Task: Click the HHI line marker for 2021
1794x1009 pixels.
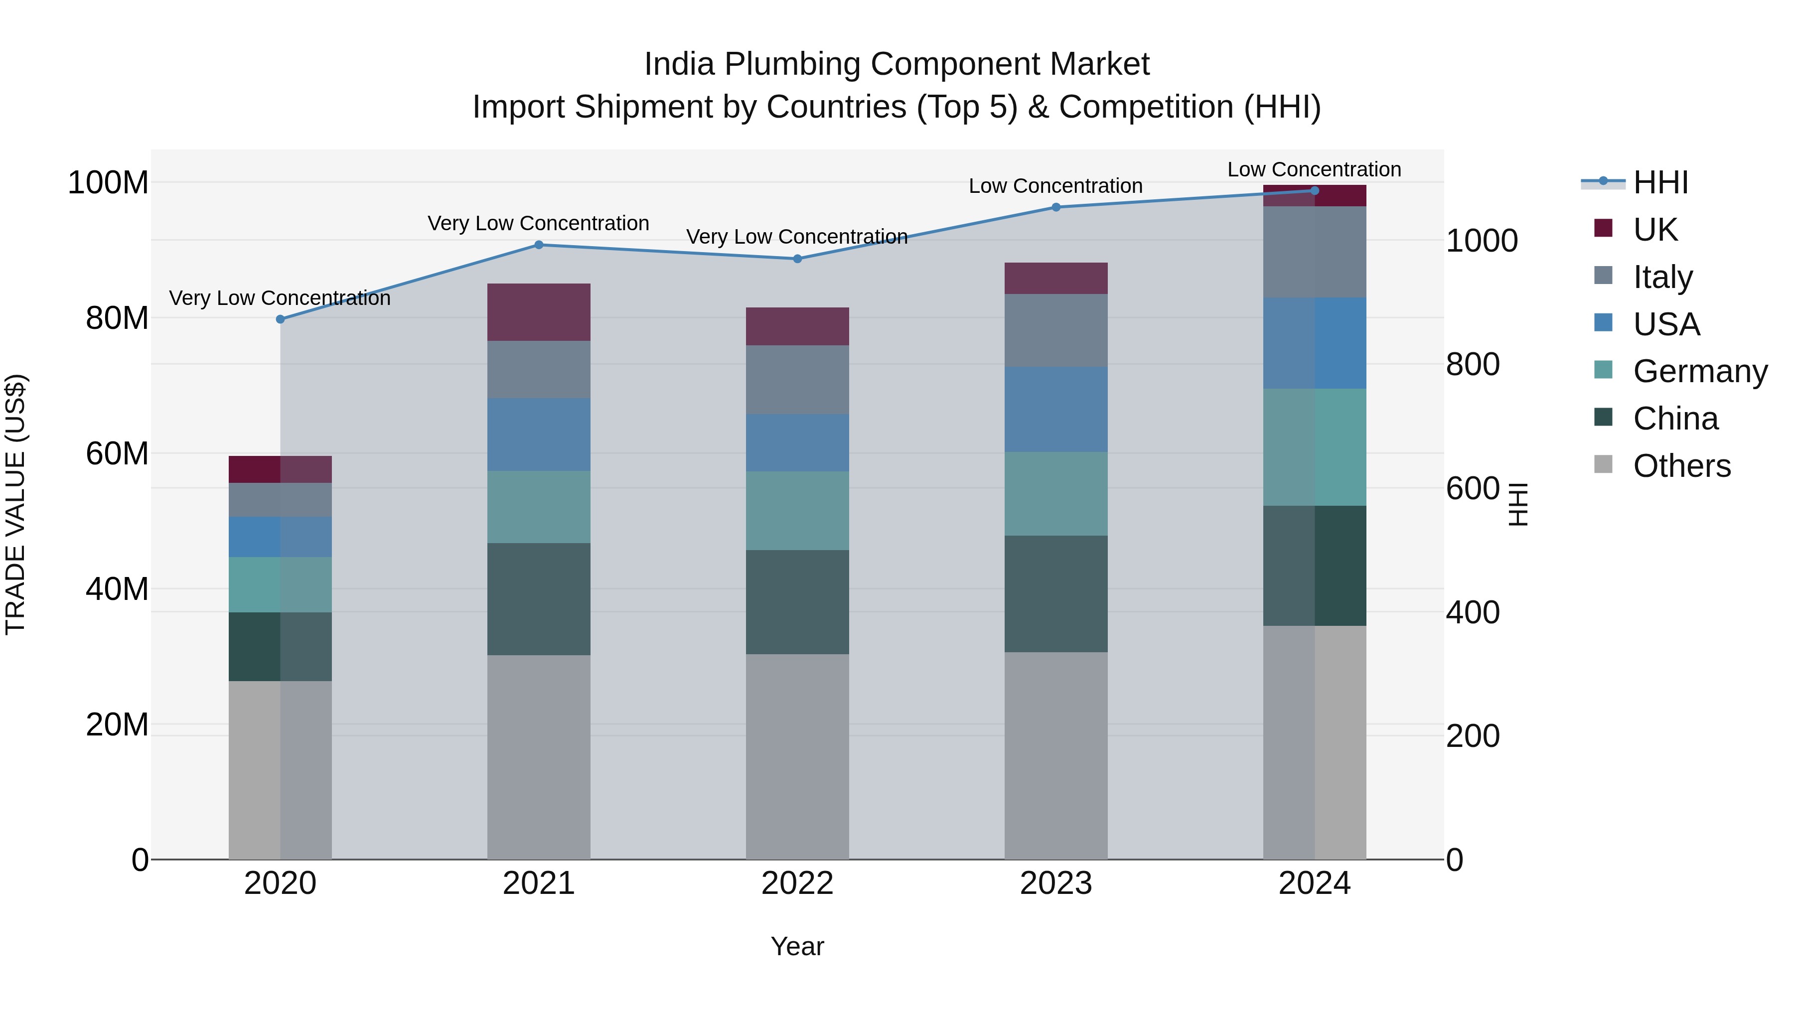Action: coord(538,245)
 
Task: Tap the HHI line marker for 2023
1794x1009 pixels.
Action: coord(1056,207)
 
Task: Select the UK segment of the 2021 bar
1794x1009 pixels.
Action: coord(538,312)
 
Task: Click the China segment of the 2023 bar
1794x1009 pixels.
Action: coord(1056,593)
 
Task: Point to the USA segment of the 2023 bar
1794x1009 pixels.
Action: coord(1056,410)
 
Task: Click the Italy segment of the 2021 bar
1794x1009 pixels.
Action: coord(538,369)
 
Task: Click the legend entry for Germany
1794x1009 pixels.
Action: coord(1699,371)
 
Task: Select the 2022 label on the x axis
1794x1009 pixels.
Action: coord(797,883)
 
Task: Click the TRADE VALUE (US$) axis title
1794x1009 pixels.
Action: coord(15,504)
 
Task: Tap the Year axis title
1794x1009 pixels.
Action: coord(797,946)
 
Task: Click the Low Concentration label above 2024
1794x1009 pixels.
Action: coord(1314,169)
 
